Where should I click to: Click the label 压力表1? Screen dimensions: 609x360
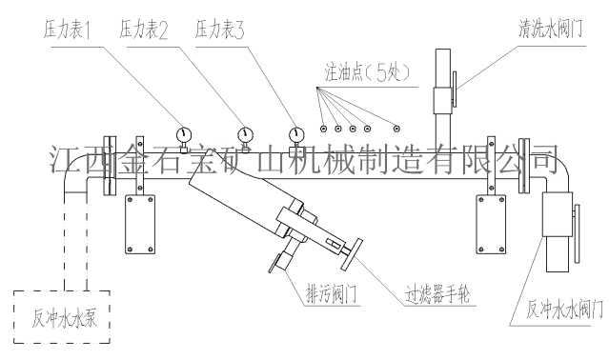coord(67,30)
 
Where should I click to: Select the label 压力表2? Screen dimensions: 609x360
coord(143,30)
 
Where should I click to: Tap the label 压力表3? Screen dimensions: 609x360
coord(219,30)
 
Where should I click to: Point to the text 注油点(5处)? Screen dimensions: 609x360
coord(367,72)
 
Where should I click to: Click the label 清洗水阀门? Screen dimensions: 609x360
coord(550,29)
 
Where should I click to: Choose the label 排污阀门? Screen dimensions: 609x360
coord(331,293)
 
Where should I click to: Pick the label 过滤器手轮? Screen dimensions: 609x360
coord(437,293)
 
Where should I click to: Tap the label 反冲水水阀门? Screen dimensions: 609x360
coord(564,310)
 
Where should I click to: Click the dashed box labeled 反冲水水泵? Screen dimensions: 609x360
coord(62,317)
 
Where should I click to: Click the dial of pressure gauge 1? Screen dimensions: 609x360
coord(184,134)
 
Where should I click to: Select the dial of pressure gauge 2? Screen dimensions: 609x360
coord(245,134)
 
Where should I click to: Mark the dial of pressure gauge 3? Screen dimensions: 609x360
coord(296,134)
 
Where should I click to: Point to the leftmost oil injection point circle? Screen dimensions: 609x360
coord(323,129)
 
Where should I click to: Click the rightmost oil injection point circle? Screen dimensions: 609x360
coord(396,129)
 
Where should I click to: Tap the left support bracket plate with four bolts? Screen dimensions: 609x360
coord(140,224)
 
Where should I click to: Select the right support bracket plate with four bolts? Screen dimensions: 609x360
coord(492,224)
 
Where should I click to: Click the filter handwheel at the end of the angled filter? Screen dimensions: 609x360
coord(352,254)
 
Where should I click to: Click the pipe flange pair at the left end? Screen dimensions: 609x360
coord(110,166)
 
